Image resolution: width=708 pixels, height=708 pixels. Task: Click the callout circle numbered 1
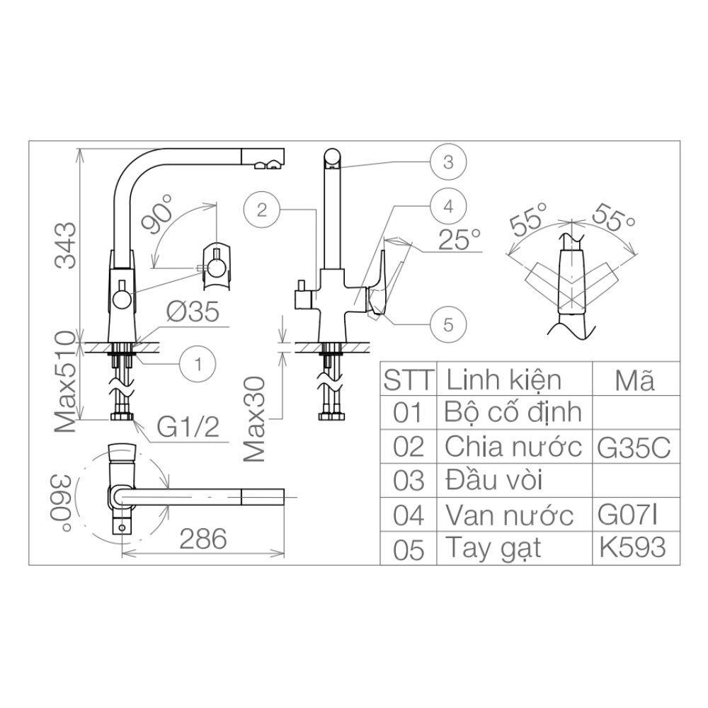click(199, 364)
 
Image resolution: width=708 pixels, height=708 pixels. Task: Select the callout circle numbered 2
click(261, 209)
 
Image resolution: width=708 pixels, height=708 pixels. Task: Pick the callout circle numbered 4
click(447, 208)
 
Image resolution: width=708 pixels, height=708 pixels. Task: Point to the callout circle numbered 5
click(447, 325)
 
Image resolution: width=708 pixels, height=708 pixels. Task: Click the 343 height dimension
click(64, 246)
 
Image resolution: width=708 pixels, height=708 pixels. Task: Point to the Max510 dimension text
click(65, 382)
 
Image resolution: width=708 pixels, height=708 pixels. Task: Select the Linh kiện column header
click(503, 380)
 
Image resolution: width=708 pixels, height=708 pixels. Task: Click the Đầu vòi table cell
click(494, 481)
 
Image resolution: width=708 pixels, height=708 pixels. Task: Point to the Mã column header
click(634, 381)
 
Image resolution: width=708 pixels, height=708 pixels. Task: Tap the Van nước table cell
click(508, 515)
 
